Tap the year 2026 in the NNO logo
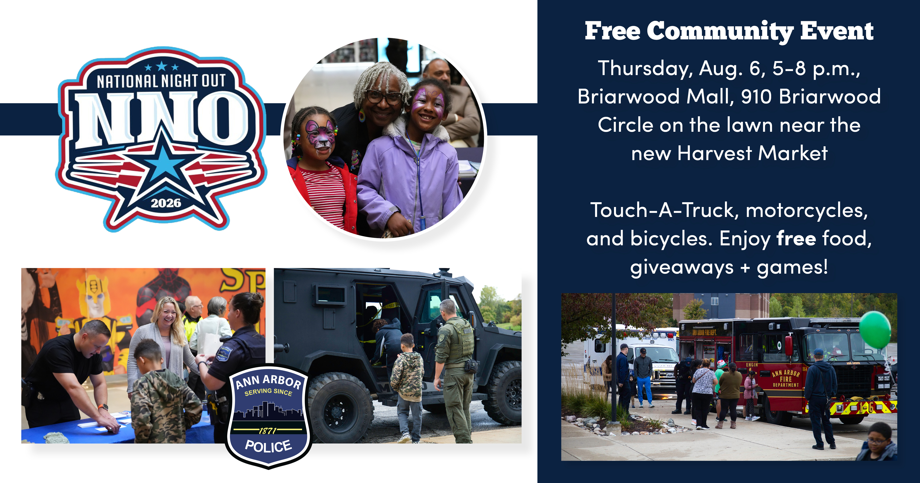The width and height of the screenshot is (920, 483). click(166, 203)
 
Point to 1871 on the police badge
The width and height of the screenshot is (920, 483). click(268, 431)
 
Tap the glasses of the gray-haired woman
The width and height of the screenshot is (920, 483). click(383, 96)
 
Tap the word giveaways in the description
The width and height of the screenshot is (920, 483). click(681, 267)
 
